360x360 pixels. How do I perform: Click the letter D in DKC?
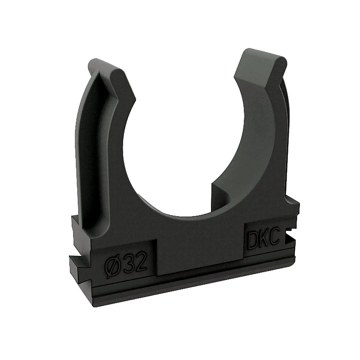252,241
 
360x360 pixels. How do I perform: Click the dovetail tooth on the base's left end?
78,266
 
